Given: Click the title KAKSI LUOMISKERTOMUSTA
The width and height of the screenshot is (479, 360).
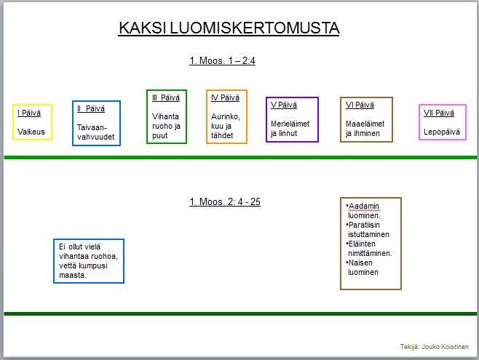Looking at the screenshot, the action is [229, 28].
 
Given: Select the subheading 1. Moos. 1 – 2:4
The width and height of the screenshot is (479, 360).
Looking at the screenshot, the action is [222, 60].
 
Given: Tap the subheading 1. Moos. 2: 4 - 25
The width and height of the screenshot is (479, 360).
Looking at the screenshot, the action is [225, 201].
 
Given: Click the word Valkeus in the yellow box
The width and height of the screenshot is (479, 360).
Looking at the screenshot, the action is [31, 132].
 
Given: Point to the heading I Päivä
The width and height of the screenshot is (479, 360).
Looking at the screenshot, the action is [29, 113].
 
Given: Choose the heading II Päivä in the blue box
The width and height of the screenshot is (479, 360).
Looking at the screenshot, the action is [91, 108].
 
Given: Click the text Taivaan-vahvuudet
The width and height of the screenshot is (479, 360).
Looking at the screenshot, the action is [95, 132].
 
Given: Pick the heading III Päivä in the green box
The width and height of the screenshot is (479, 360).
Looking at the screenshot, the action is [166, 97].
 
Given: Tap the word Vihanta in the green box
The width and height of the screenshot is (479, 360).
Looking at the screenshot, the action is [165, 116].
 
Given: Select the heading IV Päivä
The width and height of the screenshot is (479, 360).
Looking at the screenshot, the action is [225, 97].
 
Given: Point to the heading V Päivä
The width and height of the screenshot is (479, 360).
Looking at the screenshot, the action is [284, 105].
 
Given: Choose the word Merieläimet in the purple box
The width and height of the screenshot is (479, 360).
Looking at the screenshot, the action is [290, 124].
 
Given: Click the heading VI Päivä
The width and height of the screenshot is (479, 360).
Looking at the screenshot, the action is [360, 105].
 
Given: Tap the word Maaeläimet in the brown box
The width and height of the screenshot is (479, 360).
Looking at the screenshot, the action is [365, 124].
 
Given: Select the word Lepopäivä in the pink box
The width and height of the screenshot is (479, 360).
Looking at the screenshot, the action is [441, 132].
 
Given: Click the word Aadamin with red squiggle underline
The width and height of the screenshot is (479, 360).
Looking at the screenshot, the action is [364, 207].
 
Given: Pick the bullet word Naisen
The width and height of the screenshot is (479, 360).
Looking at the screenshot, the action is [360, 263].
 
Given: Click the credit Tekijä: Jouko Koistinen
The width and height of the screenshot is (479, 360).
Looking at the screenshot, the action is [435, 347].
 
